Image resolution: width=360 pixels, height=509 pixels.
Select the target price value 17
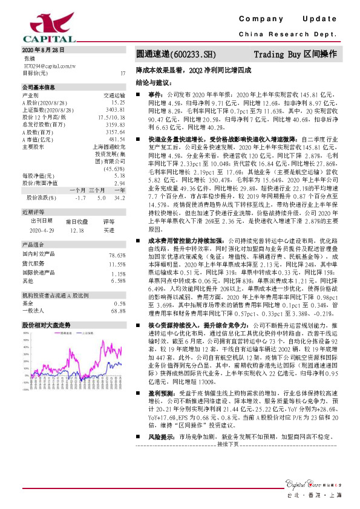(123, 73)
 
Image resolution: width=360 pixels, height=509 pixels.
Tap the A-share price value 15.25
(118, 103)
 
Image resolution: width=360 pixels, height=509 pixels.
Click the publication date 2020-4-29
(42, 230)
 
